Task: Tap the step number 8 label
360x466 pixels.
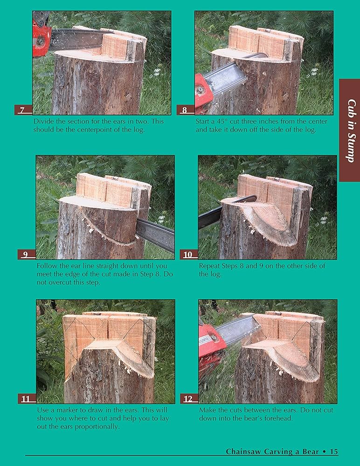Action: click(185, 110)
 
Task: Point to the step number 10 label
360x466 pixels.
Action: click(188, 255)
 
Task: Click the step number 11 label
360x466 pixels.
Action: click(26, 399)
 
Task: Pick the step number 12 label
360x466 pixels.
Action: click(188, 399)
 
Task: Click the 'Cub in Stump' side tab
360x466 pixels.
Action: click(349, 130)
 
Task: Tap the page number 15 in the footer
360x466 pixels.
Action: click(333, 452)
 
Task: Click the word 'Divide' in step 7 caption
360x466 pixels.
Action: click(44, 122)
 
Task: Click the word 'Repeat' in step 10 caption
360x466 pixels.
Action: click(210, 266)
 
